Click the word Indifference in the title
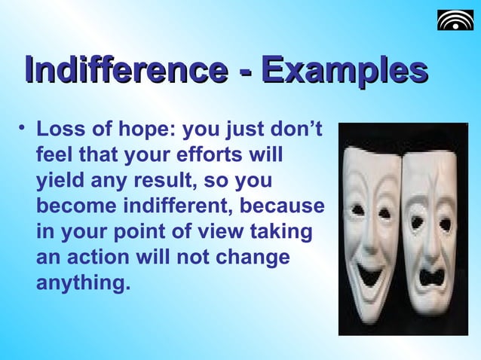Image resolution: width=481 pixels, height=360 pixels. point(124,72)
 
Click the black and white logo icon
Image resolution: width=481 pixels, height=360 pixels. point(455,20)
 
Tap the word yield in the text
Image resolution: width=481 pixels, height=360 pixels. point(58,182)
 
